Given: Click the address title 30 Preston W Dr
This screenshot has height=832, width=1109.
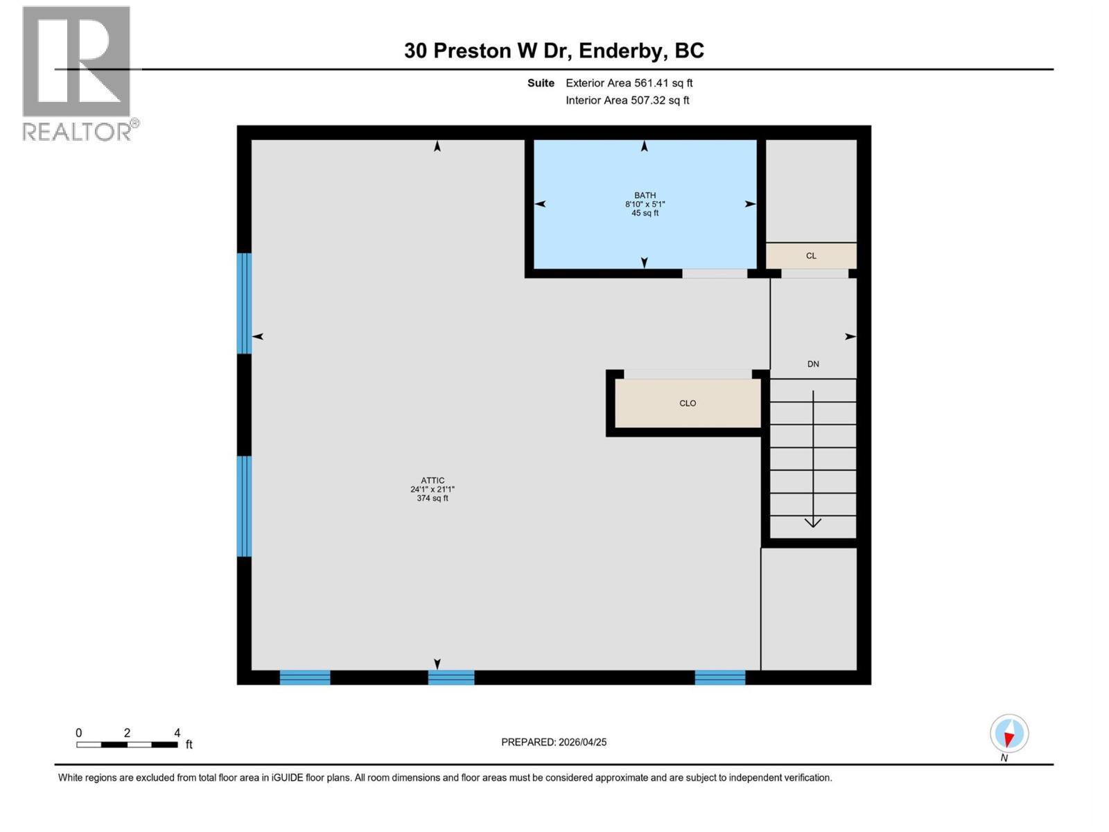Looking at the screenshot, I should coord(554,51).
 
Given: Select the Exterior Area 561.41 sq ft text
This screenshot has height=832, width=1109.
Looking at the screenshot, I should coord(629,83).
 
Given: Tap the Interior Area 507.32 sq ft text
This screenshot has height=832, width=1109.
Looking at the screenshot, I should coord(627,100).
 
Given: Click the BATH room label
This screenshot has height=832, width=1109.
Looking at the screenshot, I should coord(645,196).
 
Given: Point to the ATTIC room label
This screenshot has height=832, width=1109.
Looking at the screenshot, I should coord(433,480).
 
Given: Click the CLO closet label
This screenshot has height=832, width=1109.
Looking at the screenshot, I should coord(688,403).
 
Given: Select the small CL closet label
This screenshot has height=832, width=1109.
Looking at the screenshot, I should coord(811,256).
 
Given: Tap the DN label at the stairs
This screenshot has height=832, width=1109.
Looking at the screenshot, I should coord(813,364).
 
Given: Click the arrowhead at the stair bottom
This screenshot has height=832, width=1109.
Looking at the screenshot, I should coord(813,522).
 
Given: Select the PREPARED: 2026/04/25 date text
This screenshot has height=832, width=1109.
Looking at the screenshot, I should coord(554,742).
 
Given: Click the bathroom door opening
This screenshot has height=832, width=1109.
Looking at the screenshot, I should coord(715,274).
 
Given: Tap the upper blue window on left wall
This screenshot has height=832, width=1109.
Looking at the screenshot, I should coord(244,303).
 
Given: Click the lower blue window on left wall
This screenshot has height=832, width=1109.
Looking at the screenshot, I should coord(244,506).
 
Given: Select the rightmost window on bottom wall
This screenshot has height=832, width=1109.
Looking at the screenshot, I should coord(719,677).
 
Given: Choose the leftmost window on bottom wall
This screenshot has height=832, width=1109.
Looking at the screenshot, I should coord(305,677).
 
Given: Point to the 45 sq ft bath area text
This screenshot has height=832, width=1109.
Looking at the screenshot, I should coord(645,214).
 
